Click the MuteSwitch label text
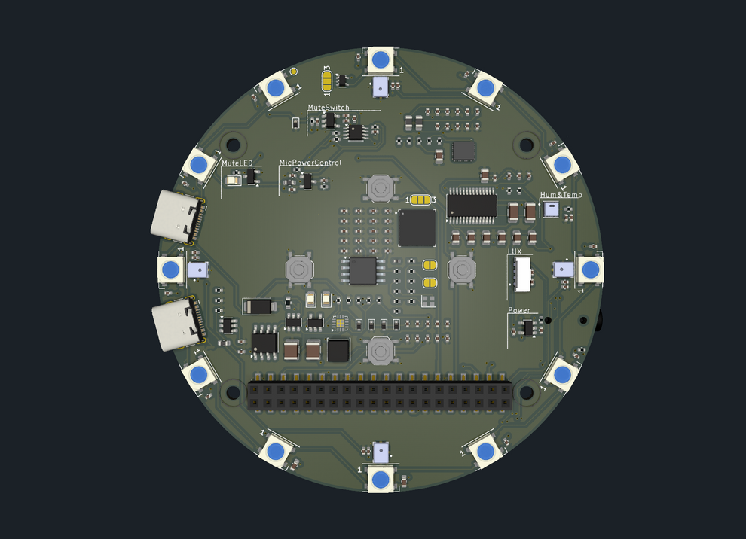328,108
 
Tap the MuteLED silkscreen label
237,163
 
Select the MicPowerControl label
310,163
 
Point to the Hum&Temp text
561,195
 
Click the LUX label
515,252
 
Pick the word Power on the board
518,310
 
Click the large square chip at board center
417,228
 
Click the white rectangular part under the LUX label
521,273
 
